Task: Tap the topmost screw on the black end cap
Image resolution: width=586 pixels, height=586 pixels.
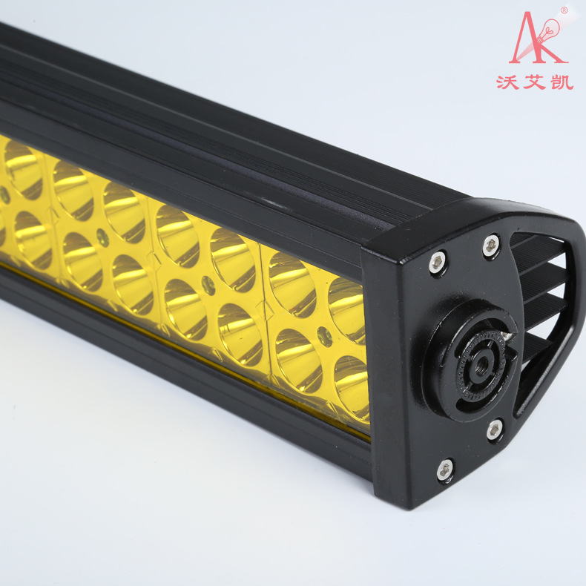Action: click(x=491, y=246)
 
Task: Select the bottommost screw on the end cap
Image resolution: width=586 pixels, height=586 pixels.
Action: click(x=445, y=470)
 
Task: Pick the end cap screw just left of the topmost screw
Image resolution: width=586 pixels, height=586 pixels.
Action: click(x=437, y=262)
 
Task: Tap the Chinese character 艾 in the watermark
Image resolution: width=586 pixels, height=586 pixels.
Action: click(x=535, y=82)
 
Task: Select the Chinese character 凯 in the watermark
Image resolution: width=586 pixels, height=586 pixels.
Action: click(x=562, y=82)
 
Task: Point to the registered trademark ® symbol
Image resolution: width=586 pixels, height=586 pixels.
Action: click(x=564, y=10)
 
